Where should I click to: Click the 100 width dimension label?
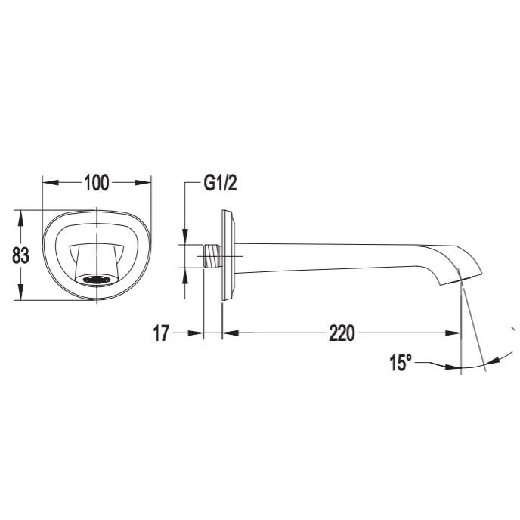coord(97,183)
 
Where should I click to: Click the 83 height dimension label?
coord(20,255)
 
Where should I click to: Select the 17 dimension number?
coord(161,333)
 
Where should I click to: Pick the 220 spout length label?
coord(342,333)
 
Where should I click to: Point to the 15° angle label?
coord(401,363)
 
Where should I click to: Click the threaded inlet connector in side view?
coord(212,256)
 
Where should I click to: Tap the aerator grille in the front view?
coord(97,280)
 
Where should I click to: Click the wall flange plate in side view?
coord(228,255)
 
